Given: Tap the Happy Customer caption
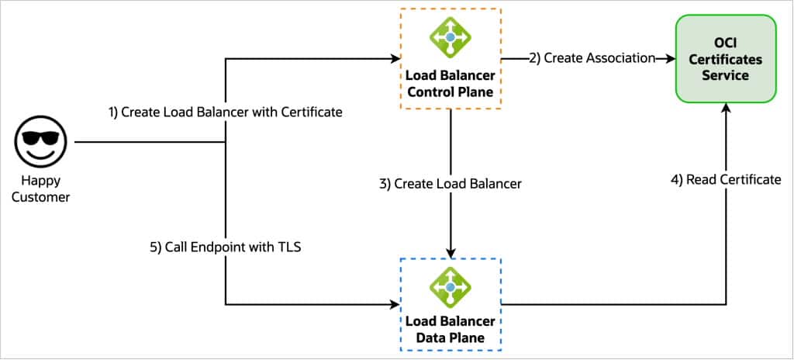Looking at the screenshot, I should click(x=41, y=191).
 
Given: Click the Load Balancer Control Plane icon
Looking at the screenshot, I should click(x=451, y=38).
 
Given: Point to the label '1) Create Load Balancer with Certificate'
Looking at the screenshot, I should click(x=224, y=112).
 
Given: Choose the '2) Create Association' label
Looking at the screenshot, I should click(x=592, y=58).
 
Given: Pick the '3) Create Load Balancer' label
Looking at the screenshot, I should click(x=451, y=184).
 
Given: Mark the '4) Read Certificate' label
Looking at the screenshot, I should click(x=725, y=179).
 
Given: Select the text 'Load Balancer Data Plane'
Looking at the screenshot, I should click(x=451, y=330).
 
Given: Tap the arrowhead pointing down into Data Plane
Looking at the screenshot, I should click(x=451, y=252).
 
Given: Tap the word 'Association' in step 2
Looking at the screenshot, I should click(x=621, y=58).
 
